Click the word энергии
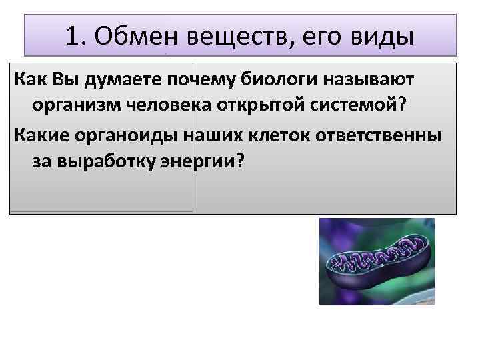[x=203, y=161]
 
